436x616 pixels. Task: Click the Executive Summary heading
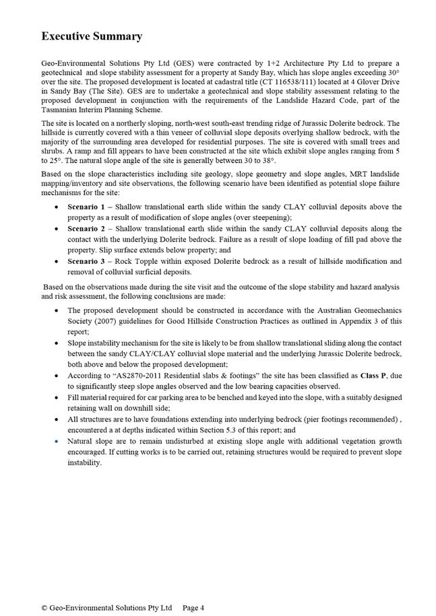pos(92,36)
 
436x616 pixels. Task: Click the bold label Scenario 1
pos(86,207)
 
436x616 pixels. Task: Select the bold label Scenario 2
pos(86,229)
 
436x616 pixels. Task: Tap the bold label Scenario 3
pos(86,261)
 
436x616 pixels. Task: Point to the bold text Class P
pos(373,376)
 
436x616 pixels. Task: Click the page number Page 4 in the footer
pos(193,607)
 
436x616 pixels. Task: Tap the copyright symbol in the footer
pos(44,607)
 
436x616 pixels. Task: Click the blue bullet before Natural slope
pos(55,442)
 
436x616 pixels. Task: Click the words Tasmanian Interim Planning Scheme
pos(102,109)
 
